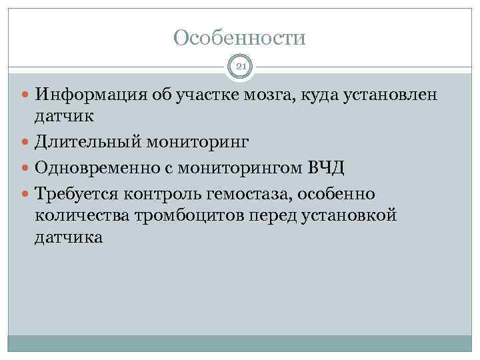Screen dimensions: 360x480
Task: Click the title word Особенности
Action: pyautogui.click(x=239, y=37)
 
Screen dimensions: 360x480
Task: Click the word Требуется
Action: pyautogui.click(x=77, y=193)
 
